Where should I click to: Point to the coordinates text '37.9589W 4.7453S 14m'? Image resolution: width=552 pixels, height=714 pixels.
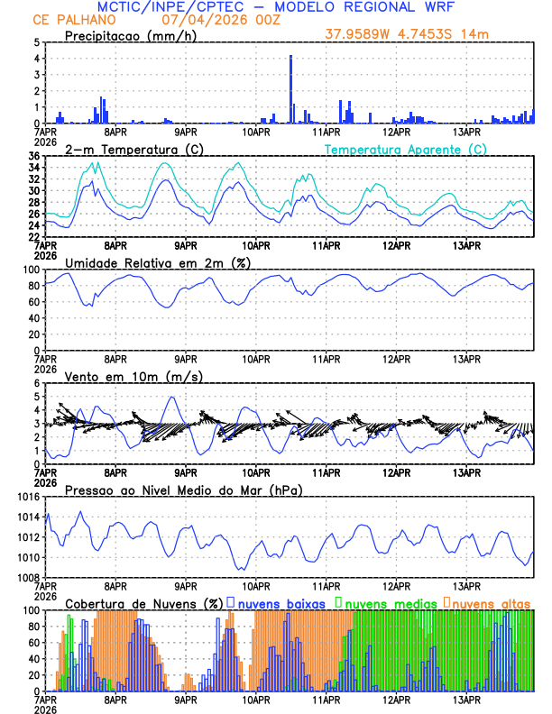click(408, 35)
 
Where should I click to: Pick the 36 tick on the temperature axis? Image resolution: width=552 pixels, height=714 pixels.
click(33, 157)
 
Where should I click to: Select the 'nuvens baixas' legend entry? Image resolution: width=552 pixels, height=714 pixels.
click(281, 602)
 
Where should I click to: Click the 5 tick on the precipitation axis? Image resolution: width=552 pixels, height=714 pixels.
click(36, 42)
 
